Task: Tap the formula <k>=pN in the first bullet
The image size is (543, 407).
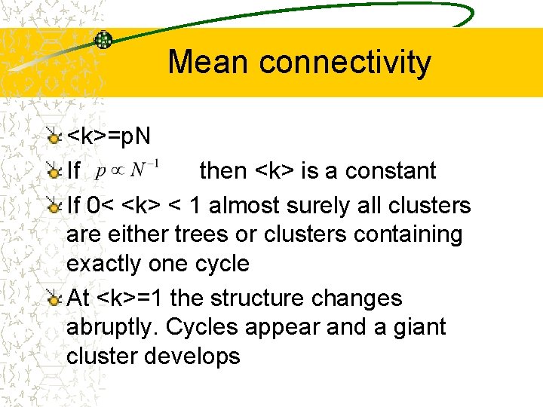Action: [x=109, y=136]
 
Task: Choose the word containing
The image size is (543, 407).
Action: [x=407, y=234]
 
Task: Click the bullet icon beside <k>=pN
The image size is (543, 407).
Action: [x=53, y=137]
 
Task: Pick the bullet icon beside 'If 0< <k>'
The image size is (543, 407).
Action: [x=53, y=206]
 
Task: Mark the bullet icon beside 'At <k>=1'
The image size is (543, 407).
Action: [x=53, y=299]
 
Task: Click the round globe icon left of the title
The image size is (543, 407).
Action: [x=103, y=40]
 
